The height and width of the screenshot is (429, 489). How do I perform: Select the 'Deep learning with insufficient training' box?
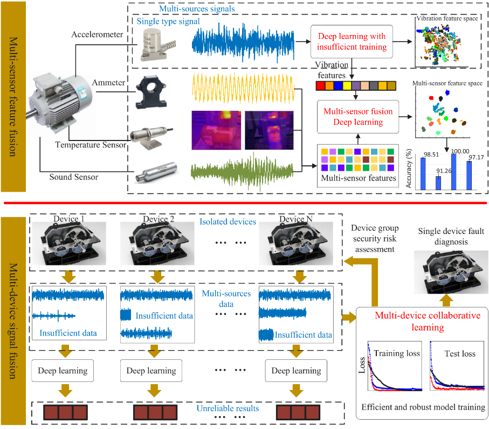pos(352,42)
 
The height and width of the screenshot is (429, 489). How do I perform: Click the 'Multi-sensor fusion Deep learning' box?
pos(357,117)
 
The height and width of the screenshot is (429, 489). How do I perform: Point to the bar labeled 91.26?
pos(438,183)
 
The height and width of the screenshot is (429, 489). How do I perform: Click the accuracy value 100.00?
pos(460,151)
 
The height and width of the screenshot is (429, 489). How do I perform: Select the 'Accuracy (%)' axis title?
pos(409,168)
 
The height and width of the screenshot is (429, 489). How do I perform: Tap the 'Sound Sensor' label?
pos(74,177)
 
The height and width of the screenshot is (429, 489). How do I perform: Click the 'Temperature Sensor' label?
pos(91,145)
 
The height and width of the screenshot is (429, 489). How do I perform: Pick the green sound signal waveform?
pos(242,171)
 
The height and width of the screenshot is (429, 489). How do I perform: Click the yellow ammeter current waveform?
pos(243,88)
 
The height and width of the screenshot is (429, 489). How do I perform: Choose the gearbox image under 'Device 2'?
pos(157,244)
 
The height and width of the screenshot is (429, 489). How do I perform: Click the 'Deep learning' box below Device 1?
pos(63,371)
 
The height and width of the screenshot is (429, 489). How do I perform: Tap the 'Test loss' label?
pos(460,354)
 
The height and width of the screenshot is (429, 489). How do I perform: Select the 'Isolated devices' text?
pos(228,222)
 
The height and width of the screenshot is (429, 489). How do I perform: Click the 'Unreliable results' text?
pos(228,408)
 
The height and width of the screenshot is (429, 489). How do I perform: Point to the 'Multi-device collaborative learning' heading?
pos(428,321)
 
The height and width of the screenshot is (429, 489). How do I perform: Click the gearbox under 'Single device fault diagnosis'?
pos(451,272)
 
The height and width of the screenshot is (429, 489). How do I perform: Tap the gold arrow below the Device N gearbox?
pos(300,277)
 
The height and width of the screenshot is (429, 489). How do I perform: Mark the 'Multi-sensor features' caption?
pos(359,178)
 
